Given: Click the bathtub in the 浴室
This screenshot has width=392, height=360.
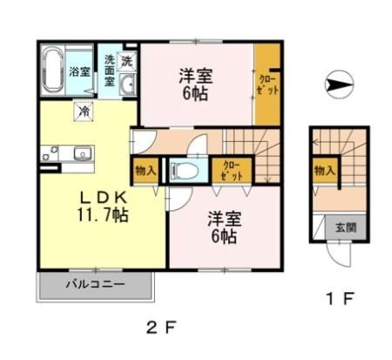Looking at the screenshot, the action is (52, 70).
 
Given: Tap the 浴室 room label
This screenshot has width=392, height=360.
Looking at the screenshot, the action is (79, 71).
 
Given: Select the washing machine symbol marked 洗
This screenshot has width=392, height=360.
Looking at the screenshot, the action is (126, 61).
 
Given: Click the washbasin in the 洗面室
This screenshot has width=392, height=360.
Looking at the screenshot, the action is (127, 85).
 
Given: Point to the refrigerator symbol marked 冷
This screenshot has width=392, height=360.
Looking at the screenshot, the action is (84, 112).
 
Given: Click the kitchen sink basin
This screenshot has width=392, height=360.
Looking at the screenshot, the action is (83, 153).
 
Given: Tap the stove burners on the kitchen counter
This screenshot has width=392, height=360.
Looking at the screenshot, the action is (50, 153).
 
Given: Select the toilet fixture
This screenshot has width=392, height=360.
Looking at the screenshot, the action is (185, 170).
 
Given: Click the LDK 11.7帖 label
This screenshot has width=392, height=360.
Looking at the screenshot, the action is (103, 207).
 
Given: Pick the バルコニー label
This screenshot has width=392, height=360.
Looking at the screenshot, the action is (95, 283).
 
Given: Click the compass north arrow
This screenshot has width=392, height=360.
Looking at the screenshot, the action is (339, 85).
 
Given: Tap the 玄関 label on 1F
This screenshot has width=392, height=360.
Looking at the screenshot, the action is (346, 228).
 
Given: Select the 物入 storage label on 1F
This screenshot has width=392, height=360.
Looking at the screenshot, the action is (324, 170).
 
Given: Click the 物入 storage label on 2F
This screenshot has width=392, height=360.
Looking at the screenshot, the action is (145, 170).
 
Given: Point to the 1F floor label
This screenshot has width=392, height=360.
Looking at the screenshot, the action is (341, 298).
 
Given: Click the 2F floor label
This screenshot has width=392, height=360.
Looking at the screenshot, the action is (161, 328).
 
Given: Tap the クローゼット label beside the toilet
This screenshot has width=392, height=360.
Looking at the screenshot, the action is (232, 171).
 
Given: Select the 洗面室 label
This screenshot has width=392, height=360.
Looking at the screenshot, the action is (109, 71).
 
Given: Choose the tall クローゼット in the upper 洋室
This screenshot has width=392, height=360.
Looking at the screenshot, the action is (267, 85).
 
